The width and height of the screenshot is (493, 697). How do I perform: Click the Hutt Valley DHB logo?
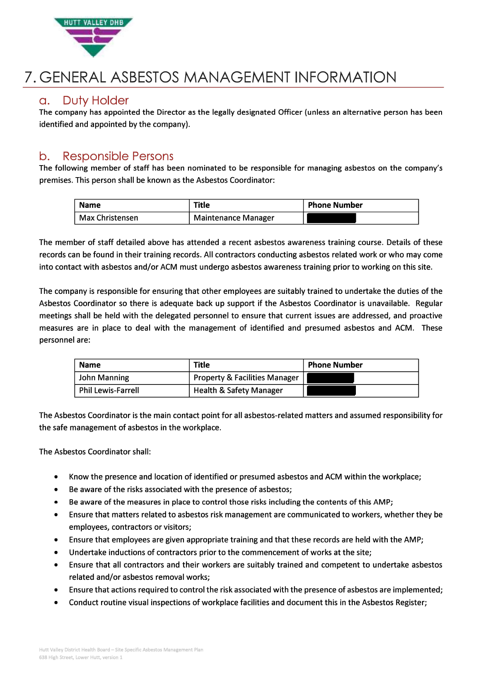(93, 36)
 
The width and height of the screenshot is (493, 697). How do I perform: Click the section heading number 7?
(29, 77)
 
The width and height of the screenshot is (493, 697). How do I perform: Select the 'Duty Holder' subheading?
(95, 101)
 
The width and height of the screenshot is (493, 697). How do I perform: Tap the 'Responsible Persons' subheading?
(118, 156)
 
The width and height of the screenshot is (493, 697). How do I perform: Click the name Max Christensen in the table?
(109, 218)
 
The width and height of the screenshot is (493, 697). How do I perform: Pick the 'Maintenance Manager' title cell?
(234, 218)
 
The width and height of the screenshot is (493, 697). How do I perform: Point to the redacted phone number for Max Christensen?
(331, 218)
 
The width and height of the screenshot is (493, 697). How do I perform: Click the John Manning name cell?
(104, 378)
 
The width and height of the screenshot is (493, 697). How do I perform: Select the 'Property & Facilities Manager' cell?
(246, 378)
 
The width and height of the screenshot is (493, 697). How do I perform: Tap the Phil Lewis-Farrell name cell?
(109, 391)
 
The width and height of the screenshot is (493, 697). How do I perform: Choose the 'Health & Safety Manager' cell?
(238, 391)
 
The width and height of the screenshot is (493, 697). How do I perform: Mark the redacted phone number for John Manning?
(331, 378)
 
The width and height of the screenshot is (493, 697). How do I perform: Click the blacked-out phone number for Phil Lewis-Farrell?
(331, 391)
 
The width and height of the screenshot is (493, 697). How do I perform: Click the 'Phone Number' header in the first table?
(335, 205)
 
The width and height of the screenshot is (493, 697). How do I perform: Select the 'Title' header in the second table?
(202, 365)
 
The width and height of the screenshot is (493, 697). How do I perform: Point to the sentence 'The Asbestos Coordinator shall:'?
(95, 452)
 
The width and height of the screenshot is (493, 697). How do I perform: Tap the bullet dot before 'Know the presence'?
(56, 477)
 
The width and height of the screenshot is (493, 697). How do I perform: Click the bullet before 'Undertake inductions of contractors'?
(56, 553)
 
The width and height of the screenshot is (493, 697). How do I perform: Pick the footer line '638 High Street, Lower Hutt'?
(81, 658)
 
